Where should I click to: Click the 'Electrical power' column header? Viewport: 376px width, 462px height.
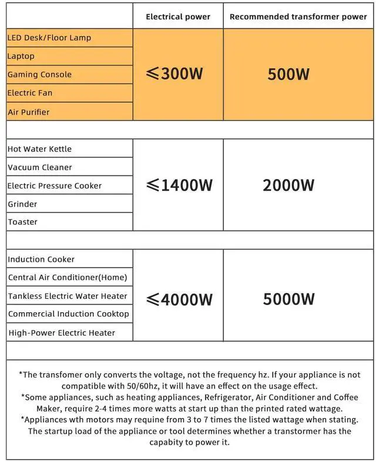pyautogui.click(x=178, y=17)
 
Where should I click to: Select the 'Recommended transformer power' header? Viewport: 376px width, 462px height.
pyautogui.click(x=298, y=17)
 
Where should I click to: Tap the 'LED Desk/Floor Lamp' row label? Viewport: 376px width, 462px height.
pyautogui.click(x=49, y=38)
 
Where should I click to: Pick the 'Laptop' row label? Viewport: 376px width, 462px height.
pyautogui.click(x=21, y=56)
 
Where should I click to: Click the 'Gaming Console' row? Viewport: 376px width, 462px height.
pyautogui.click(x=39, y=75)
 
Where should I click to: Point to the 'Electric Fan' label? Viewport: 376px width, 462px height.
pyautogui.click(x=30, y=93)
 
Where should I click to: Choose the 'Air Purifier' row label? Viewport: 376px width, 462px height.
pyautogui.click(x=29, y=112)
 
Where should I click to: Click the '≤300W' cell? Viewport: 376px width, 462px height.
pyautogui.click(x=174, y=74)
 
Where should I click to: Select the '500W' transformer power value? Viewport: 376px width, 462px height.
pyautogui.click(x=288, y=75)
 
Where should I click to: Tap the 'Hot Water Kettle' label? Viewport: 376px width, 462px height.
pyautogui.click(x=39, y=149)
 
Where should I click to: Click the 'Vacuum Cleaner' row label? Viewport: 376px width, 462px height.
pyautogui.click(x=40, y=167)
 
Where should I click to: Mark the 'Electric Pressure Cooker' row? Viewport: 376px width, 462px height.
pyautogui.click(x=55, y=186)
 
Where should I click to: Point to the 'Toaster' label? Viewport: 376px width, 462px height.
pyautogui.click(x=22, y=222)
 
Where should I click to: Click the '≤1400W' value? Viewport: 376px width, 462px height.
pyautogui.click(x=179, y=186)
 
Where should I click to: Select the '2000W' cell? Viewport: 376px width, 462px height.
pyautogui.click(x=288, y=186)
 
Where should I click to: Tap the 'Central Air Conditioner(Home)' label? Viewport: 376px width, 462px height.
pyautogui.click(x=68, y=277)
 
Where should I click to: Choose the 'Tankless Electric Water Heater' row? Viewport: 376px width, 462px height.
pyautogui.click(x=68, y=296)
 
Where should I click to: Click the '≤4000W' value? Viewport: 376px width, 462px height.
pyautogui.click(x=179, y=299)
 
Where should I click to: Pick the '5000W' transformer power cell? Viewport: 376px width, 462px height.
pyautogui.click(x=288, y=299)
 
